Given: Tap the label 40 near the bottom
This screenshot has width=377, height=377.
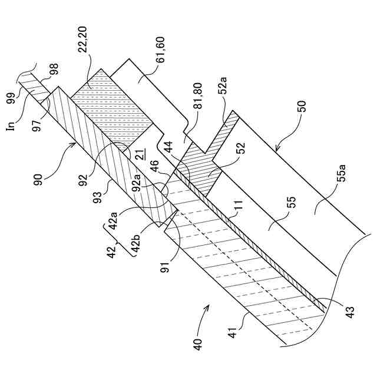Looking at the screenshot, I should [x=199, y=343].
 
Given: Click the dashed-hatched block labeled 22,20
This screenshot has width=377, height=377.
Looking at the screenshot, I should [x=112, y=106].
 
